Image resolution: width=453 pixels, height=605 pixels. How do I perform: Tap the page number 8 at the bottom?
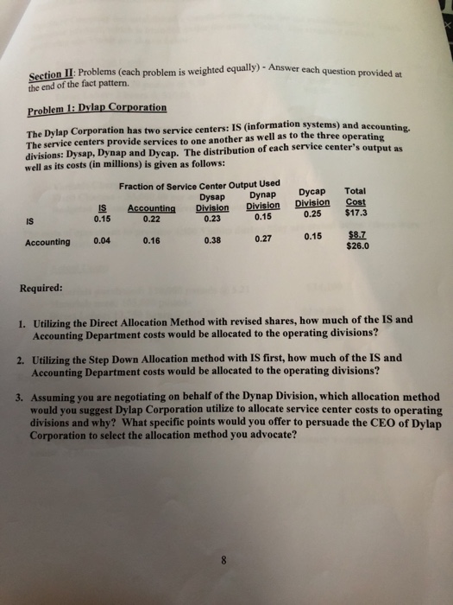223,558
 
